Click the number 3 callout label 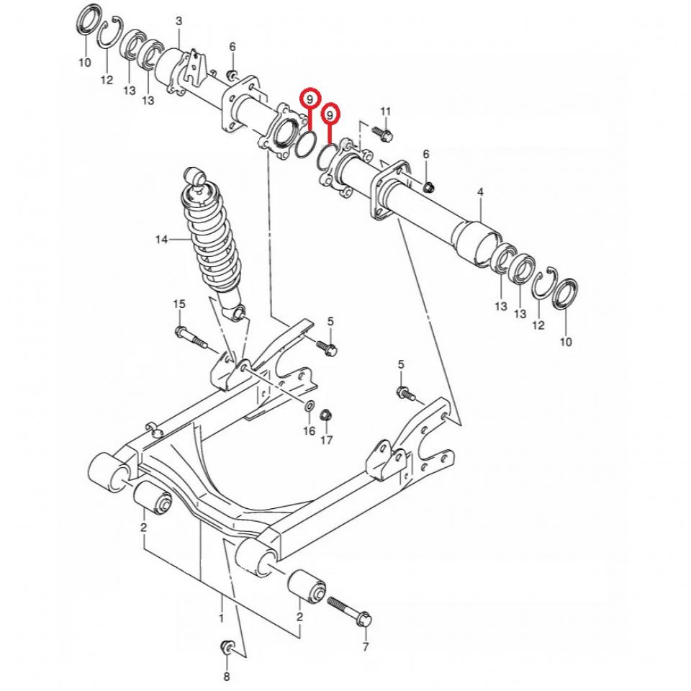click(x=179, y=22)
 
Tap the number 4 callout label click(x=480, y=192)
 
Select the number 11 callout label click(x=385, y=111)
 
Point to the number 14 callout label click(x=161, y=239)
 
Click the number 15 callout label click(x=179, y=304)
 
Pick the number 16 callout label click(x=309, y=431)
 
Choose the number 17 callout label click(x=327, y=440)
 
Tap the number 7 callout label click(x=365, y=647)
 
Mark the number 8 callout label click(x=226, y=677)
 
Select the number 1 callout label click(x=221, y=618)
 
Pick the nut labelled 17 click(x=325, y=415)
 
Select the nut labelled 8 click(x=226, y=646)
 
